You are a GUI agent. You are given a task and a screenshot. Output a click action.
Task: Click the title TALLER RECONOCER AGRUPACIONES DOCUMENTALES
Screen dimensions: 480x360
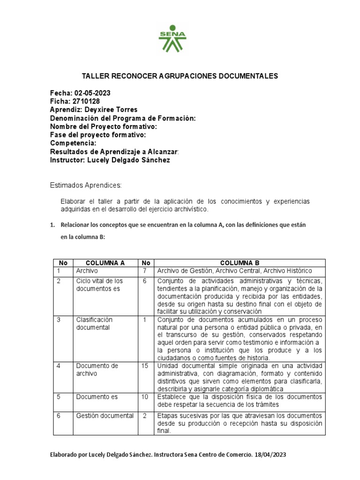click(180, 76)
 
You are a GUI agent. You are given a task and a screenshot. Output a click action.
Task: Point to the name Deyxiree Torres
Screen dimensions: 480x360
click(114, 110)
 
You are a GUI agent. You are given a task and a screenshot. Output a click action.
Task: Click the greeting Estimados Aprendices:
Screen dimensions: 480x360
click(86, 186)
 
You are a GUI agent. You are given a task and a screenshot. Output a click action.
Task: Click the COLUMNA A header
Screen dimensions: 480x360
click(105, 263)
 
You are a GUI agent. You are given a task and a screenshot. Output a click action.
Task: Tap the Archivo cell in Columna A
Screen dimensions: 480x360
click(85, 271)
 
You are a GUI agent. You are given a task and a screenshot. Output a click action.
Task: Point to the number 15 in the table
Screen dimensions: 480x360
click(145, 366)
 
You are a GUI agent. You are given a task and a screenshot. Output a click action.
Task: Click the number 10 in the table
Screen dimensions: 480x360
click(145, 397)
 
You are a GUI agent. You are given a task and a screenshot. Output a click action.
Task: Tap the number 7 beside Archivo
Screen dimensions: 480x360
click(145, 271)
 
